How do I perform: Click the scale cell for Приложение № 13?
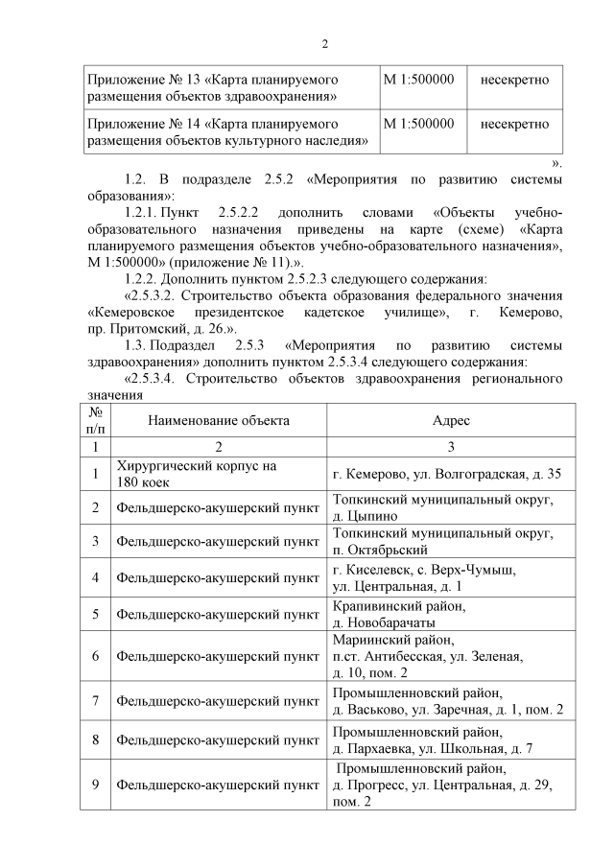click(418, 80)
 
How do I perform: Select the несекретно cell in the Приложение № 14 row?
click(514, 124)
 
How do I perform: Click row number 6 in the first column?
click(95, 656)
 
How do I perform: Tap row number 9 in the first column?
click(95, 786)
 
